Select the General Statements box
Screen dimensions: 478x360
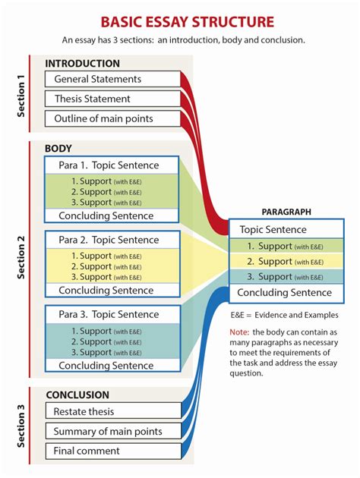(x=112, y=79)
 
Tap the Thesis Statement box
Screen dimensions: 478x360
(x=112, y=99)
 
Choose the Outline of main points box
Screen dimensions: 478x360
(x=112, y=118)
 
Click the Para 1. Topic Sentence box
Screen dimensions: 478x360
(x=112, y=165)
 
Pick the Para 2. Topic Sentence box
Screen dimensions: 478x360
(x=112, y=240)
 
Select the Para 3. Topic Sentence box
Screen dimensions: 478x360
(x=112, y=314)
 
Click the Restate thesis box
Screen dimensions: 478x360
(x=112, y=412)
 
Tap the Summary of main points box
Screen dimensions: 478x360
(x=112, y=432)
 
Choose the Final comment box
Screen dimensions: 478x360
(x=112, y=451)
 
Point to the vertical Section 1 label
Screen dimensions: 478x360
(x=21, y=95)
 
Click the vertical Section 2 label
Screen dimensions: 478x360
(x=21, y=258)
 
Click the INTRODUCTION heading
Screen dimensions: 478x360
(x=82, y=63)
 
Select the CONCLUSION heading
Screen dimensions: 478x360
(x=77, y=395)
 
